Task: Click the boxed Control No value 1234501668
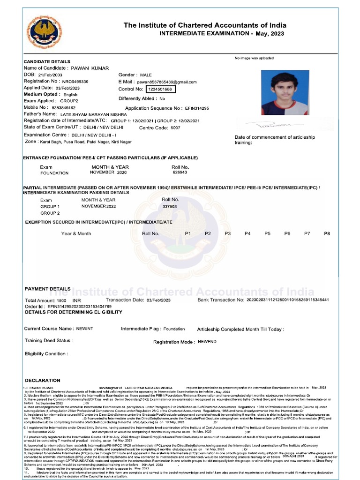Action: (160, 89)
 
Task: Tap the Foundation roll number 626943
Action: (180, 172)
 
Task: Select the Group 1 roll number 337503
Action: (169, 206)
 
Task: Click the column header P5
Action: (267, 233)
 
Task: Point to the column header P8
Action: (327, 233)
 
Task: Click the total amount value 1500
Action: (61, 300)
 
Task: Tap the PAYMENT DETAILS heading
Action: (47, 289)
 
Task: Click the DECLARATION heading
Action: (43, 380)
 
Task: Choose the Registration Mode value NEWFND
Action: (207, 342)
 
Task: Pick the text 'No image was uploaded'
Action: (254, 58)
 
